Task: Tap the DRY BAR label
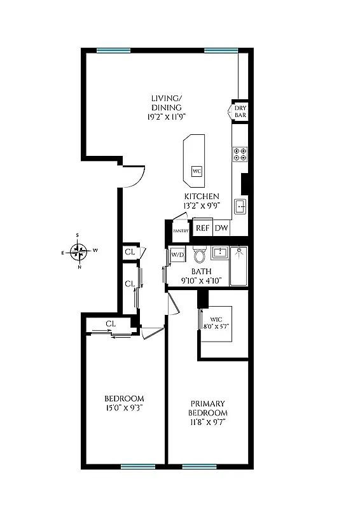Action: pos(240,113)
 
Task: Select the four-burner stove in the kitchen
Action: pos(240,153)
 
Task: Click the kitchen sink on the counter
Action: pos(240,206)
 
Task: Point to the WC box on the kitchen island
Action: pos(197,171)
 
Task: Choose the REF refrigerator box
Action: pos(202,228)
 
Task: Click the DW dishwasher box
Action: pos(221,228)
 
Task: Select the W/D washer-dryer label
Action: pos(177,255)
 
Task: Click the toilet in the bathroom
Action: pos(199,256)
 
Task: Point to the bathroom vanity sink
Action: pos(219,253)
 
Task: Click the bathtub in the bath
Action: pos(239,266)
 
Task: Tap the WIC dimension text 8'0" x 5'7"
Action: pos(216,326)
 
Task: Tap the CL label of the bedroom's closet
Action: pos(111,324)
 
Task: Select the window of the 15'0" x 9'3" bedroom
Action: pos(138,466)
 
